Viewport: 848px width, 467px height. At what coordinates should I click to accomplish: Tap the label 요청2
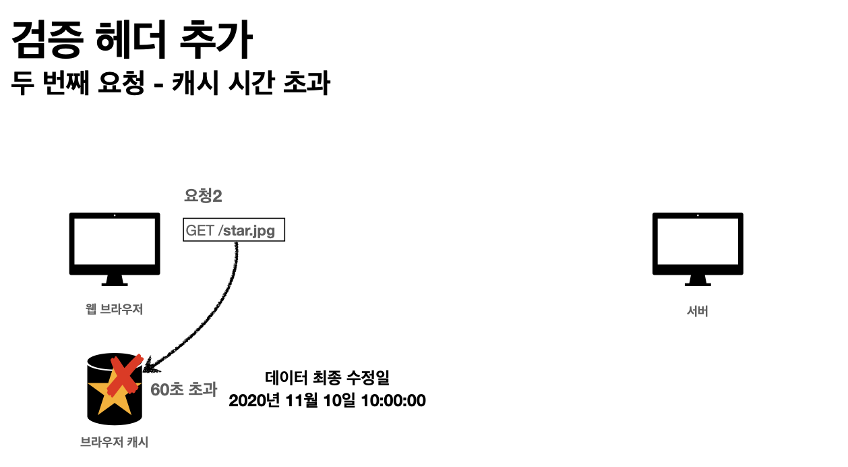pyautogui.click(x=203, y=196)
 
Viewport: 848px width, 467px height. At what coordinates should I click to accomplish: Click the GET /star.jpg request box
pyautogui.click(x=234, y=229)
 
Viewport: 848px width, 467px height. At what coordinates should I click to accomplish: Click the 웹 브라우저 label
pyautogui.click(x=115, y=309)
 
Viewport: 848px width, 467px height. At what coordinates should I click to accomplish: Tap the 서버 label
pyautogui.click(x=698, y=312)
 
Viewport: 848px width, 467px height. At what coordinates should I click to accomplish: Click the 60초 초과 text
pyautogui.click(x=183, y=389)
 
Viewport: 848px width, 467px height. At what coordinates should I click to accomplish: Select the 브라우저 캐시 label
pyautogui.click(x=114, y=443)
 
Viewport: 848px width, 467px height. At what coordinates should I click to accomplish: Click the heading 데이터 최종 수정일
pyautogui.click(x=327, y=378)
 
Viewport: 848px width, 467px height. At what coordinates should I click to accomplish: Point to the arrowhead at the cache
pyautogui.click(x=150, y=368)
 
